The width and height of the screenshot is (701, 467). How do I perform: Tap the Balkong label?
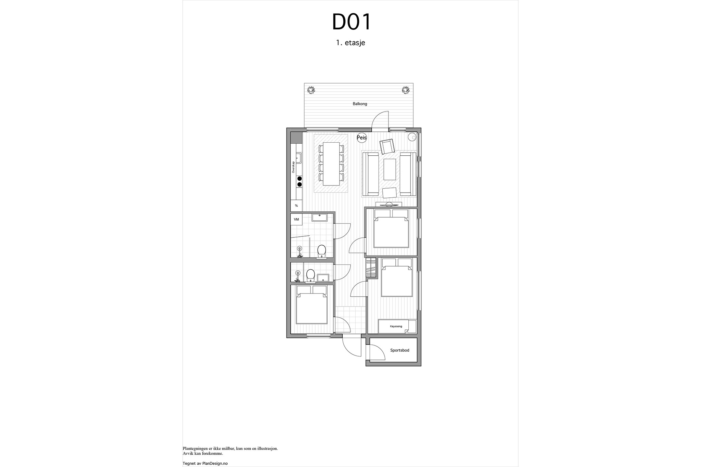coord(360,104)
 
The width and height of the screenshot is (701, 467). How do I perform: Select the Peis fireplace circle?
coord(361,138)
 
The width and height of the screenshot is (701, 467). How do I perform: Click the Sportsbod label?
coord(400,350)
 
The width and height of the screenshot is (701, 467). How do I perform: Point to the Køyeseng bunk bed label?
coord(396,326)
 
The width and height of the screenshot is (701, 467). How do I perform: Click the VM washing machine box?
coord(296,219)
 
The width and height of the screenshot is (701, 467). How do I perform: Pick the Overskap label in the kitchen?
coord(293,167)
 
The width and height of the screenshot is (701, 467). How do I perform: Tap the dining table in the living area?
coord(331,164)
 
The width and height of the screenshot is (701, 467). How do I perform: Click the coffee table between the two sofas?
coord(390,169)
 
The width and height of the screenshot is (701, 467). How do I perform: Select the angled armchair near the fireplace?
coord(387,147)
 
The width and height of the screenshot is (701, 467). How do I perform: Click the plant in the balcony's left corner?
coord(311,90)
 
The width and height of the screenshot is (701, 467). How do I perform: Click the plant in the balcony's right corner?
coord(406,90)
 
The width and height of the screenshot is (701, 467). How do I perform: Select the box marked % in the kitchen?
coord(296,206)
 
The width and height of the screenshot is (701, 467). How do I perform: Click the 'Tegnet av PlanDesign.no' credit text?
coord(205,463)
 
